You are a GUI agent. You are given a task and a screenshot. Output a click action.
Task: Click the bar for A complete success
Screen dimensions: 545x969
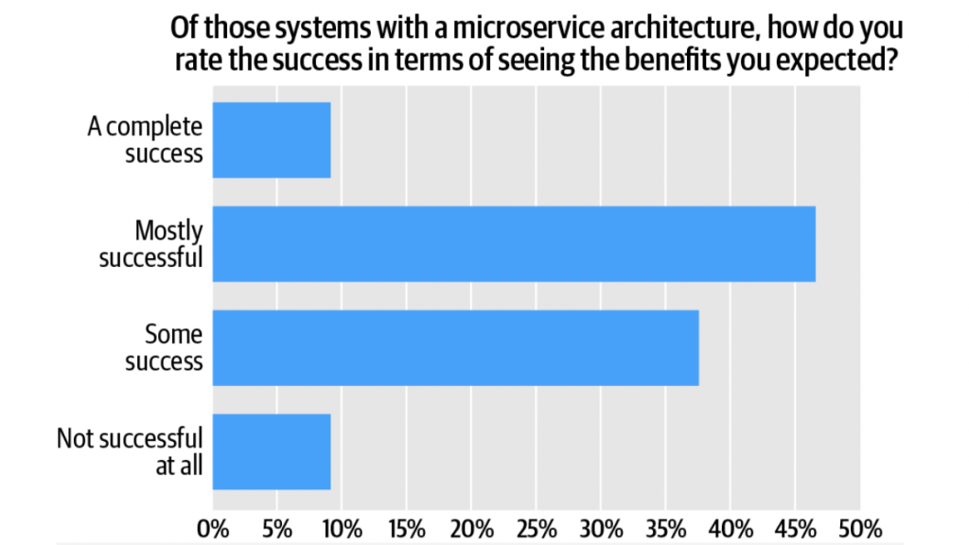[x=272, y=140]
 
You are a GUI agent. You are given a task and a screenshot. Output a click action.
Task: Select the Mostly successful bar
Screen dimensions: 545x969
[x=514, y=243]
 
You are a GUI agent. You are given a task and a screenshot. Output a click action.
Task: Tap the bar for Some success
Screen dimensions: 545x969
[x=455, y=347]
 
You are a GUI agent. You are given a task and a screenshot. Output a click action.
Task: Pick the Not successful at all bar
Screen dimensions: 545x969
[x=272, y=451]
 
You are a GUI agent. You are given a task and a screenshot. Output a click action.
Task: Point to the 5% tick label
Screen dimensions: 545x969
[x=277, y=526]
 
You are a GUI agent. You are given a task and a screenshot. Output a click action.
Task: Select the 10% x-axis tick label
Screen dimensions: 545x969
[x=342, y=526]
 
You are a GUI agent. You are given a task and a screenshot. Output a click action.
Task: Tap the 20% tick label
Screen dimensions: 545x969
[x=471, y=526]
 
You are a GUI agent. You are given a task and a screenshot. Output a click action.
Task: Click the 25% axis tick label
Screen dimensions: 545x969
[x=536, y=526]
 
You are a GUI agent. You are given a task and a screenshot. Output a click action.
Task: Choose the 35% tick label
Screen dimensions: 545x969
[x=665, y=526]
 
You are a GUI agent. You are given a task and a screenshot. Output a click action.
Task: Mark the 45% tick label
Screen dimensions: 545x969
[x=795, y=526]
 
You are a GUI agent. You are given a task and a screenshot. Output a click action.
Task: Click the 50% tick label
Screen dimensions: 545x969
[x=859, y=526]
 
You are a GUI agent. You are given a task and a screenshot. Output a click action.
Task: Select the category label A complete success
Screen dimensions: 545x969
[x=145, y=140]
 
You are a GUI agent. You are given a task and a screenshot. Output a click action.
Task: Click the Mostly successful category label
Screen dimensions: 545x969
[x=151, y=243]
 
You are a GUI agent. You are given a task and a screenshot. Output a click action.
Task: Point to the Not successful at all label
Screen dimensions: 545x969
[x=130, y=451]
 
